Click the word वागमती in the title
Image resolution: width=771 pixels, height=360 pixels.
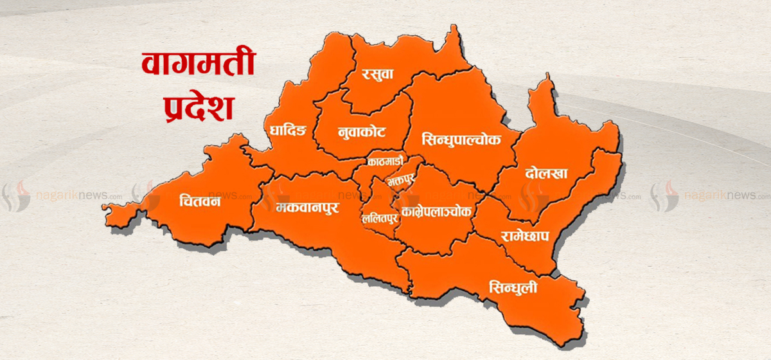pos(199,65)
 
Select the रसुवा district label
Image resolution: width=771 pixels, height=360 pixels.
pos(377,75)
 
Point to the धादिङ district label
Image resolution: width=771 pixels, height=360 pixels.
pos(288,131)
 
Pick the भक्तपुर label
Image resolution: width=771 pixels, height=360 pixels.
pos(400,181)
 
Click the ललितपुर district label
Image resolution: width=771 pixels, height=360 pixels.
pos(380,217)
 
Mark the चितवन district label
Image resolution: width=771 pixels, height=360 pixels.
pos(200,203)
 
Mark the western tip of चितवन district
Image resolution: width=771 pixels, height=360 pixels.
pos(104,207)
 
